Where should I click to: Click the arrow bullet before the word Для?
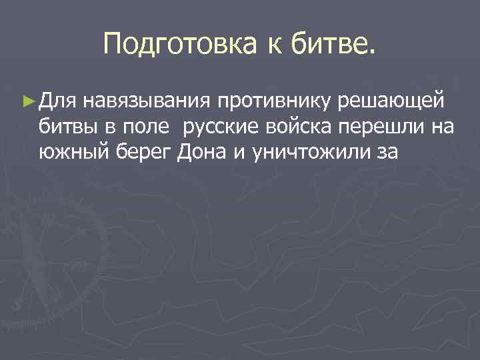[27, 101]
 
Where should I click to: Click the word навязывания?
[146, 101]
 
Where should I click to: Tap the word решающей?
[397, 101]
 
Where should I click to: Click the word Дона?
[203, 151]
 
